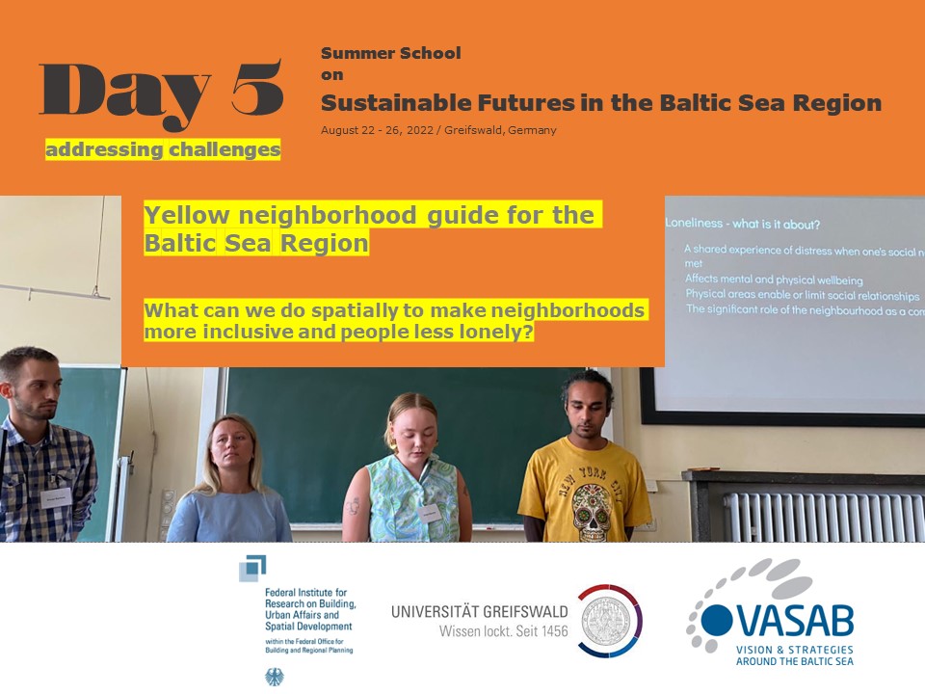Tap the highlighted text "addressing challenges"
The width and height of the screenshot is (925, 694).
click(163, 149)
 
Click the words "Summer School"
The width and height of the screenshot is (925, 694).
click(390, 53)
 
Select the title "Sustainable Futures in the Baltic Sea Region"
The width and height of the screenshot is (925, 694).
click(600, 102)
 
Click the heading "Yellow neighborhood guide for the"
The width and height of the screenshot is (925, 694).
click(373, 215)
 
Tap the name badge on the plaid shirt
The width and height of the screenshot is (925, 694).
click(54, 498)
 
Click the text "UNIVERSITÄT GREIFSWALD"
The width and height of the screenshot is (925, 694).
click(479, 612)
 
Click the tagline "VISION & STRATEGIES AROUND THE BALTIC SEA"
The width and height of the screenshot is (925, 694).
click(794, 655)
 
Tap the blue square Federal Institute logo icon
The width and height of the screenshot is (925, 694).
click(253, 568)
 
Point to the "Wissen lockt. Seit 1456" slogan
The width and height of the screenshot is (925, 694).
click(503, 632)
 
